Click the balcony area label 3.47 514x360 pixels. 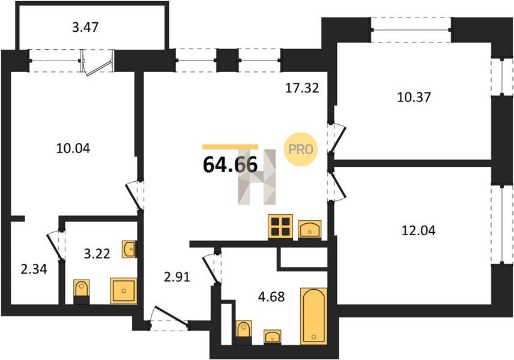coord(85,27)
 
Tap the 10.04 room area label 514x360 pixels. coord(73,148)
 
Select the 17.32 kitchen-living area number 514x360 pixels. coord(302,88)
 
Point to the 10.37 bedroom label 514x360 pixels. coord(414,97)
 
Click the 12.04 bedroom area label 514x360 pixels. coord(419,230)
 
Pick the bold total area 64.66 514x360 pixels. coord(230,164)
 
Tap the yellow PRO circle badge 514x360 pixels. coord(301,149)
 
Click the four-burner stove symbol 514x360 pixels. coord(280,227)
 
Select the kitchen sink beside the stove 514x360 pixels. coord(310,229)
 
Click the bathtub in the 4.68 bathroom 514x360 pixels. coord(313,316)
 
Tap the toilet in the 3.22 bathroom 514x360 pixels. coord(82,292)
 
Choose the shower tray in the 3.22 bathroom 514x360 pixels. coord(124,290)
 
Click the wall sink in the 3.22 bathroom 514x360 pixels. coord(130,249)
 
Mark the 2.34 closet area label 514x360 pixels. coord(34,269)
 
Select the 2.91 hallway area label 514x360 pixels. coord(177,277)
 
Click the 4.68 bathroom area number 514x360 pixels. coord(271,297)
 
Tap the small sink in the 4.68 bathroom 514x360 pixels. coord(273,337)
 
